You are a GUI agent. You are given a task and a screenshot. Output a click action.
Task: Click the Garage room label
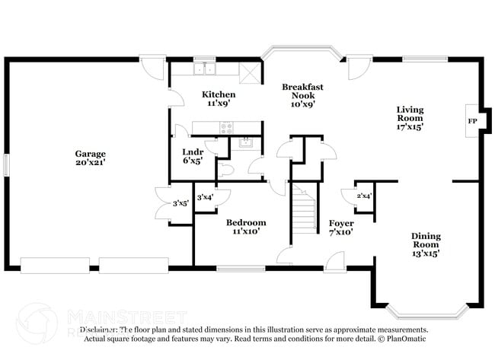click(x=90, y=158)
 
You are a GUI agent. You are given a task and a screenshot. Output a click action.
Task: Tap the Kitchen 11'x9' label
click(x=216, y=99)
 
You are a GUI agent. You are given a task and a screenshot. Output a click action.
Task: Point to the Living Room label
click(x=410, y=118)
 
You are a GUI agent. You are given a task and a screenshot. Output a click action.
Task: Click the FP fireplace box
click(x=471, y=121)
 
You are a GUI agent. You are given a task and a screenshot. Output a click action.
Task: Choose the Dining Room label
click(x=426, y=244)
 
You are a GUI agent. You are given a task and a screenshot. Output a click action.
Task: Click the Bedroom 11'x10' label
click(x=245, y=227)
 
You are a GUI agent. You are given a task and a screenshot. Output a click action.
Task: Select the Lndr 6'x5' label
click(x=193, y=156)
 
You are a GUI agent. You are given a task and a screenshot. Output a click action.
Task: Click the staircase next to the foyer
click(x=305, y=209)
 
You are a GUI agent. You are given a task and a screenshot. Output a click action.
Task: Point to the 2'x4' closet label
click(x=364, y=196)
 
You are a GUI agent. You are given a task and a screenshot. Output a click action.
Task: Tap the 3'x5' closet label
click(x=180, y=203)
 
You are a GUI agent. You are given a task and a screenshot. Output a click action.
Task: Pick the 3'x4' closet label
click(x=206, y=198)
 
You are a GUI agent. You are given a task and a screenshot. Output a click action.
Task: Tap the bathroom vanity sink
click(x=245, y=142)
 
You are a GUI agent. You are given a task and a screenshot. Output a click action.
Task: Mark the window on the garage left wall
click(x=6, y=164)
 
